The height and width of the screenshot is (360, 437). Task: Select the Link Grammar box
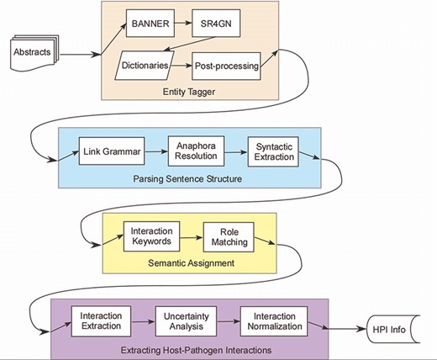coord(108,152)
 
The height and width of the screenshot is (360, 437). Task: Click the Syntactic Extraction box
coord(275,151)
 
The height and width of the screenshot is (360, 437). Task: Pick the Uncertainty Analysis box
coord(187,320)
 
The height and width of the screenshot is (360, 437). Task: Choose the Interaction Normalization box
coord(274,320)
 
